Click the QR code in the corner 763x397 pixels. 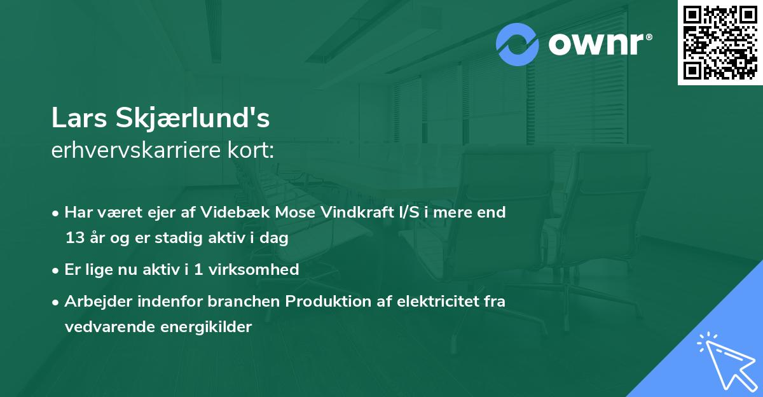pos(720,43)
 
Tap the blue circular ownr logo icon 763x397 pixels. pos(518,45)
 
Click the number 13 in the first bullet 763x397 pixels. pos(74,238)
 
